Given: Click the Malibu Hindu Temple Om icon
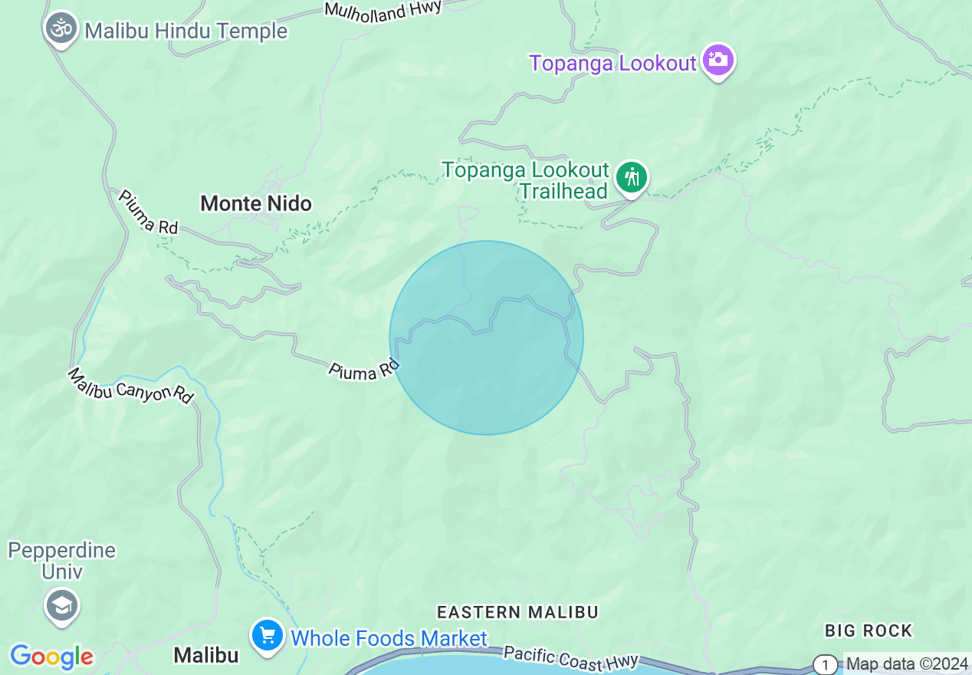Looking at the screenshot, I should pos(61,29).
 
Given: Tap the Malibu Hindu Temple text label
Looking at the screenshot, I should pos(186,31).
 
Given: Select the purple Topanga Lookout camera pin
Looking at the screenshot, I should pos(718,60).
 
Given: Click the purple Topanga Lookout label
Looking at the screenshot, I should pos(612,63).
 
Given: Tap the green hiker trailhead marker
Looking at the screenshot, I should pos(632,178).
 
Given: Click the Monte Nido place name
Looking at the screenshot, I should pos(256,203).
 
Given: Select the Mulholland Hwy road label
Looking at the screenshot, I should pos(383,9).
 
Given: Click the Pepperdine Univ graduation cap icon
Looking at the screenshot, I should pos(61,605).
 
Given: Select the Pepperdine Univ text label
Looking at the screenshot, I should pos(61,561).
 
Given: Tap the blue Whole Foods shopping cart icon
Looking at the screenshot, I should pos(268,637).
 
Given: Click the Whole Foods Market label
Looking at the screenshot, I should pos(389,638).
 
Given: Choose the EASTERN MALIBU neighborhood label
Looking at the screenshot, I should pos(517,612).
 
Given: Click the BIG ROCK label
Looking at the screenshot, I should pos(869,631).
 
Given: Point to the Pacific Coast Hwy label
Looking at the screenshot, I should pos(571,658).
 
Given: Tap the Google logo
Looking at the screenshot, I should pos(52,657).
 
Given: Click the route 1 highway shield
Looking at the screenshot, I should pos(825,664).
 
